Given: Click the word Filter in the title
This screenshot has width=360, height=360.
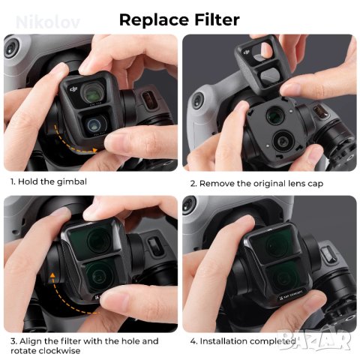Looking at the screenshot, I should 217,18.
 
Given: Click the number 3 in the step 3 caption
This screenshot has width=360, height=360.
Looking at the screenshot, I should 13,341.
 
